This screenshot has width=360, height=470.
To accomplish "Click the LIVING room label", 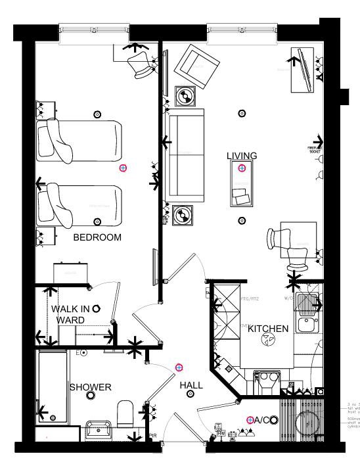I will coord(242,156).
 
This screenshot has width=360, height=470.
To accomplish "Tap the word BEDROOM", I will coord(97,237).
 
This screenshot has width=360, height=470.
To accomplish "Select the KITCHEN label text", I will coord(268,329).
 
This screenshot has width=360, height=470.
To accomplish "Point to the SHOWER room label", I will coord(91,387).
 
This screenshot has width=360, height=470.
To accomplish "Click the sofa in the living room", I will coord(187,155).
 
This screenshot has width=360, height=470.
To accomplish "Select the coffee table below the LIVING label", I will coord(242,183).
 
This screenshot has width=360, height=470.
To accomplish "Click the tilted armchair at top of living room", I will coord(195,64).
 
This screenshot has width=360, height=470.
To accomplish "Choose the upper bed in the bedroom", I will coord(79,140).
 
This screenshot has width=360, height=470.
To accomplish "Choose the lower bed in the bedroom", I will coord(79,206).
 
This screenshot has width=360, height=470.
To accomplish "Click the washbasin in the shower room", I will coord(100,431).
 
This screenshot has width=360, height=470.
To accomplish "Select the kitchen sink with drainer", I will coord(306,314).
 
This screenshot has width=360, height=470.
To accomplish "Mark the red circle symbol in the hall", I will coord(179,367).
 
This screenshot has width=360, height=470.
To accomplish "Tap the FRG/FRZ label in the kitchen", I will coord(250,299).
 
